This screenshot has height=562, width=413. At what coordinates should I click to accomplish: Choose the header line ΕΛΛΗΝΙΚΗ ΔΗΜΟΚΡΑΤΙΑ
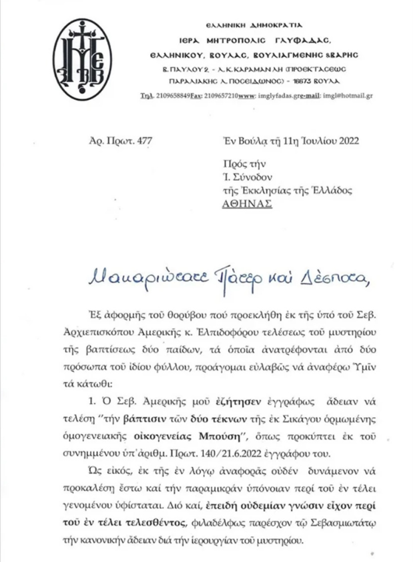tap(262, 26)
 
